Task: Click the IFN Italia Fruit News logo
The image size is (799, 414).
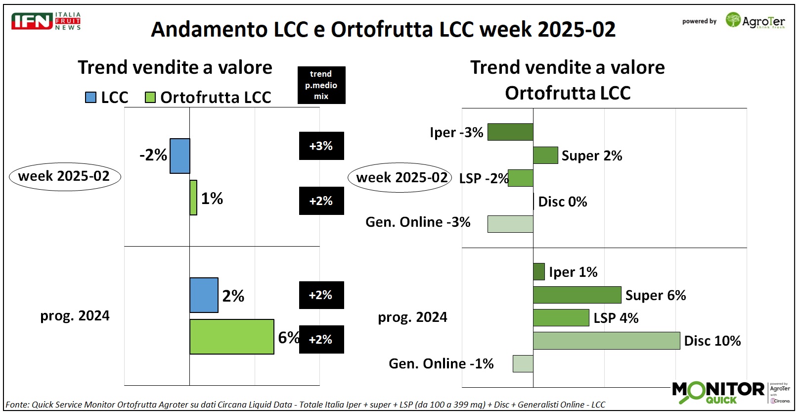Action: [46, 21]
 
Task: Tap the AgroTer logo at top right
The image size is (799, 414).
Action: [755, 21]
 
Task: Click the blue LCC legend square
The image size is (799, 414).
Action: [90, 97]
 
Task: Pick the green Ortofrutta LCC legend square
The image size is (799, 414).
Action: [150, 97]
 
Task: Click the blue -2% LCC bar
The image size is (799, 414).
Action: [180, 156]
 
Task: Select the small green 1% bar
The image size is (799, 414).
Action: [193, 198]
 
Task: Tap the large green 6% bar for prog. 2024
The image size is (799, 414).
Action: [231, 337]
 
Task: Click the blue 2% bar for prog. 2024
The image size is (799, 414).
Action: [204, 295]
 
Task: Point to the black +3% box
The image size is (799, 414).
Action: [321, 146]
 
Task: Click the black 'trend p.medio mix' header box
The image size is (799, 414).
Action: [321, 85]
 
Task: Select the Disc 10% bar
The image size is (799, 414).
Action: [606, 341]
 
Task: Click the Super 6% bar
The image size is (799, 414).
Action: [577, 295]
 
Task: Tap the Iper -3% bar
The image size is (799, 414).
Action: [510, 132]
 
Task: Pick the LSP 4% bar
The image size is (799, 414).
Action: [561, 317]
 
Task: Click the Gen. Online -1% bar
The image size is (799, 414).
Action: [523, 363]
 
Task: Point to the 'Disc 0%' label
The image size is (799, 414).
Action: [562, 202]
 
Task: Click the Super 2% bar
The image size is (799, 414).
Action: [545, 155]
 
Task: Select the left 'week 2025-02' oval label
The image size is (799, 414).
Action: [64, 176]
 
